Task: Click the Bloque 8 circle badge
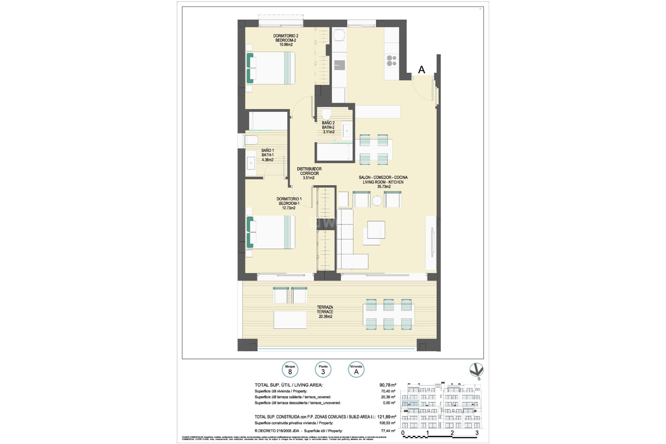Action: pos(290,370)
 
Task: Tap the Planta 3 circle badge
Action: pos(323,370)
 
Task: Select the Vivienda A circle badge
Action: pos(356,370)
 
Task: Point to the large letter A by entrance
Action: pos(421,70)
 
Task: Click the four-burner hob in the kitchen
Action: pos(392,61)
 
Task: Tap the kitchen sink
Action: pos(339,65)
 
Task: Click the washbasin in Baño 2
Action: pos(347,131)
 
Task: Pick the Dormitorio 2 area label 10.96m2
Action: pos(286,45)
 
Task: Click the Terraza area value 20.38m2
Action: pos(325,316)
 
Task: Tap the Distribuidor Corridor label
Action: pos(309,173)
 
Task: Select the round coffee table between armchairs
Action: pos(377,201)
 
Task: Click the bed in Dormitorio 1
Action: pos(271,232)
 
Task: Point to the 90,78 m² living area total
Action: pos(388,385)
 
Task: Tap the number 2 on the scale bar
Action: pos(452,433)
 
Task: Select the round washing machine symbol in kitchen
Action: pos(339,35)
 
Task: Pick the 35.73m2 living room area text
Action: pos(384,187)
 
